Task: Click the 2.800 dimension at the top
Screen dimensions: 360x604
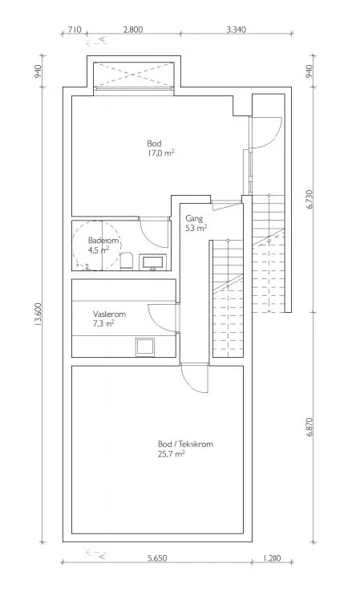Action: pos(133,29)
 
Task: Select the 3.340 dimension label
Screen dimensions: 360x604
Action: pos(236,29)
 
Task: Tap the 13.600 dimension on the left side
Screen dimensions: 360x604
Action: pos(38,314)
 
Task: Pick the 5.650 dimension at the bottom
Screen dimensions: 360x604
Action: pos(157,558)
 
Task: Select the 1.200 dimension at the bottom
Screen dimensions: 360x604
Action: pos(272,558)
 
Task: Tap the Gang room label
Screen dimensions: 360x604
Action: pos(194,219)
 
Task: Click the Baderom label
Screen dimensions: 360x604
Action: pos(103,241)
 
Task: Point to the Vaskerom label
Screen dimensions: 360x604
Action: pos(109,314)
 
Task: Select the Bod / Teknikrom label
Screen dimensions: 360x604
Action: pos(185,444)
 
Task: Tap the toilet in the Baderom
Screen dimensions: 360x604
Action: pos(127,261)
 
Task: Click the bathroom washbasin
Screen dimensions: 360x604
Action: pos(154,262)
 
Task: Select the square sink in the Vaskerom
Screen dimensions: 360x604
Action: pos(145,347)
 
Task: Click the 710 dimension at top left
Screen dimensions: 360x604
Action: pos(75,29)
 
